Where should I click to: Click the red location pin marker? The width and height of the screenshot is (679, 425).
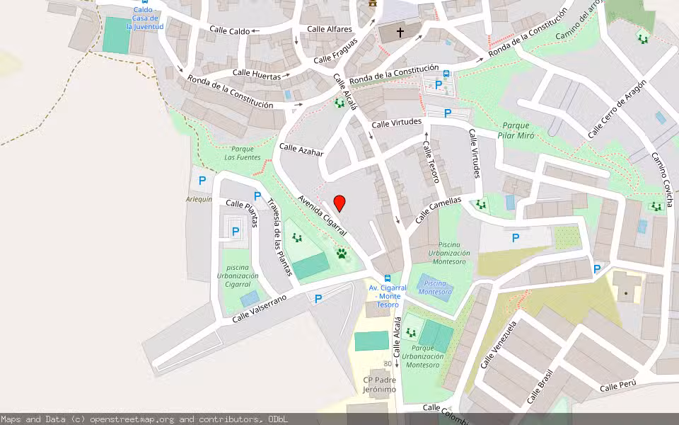(x=339, y=203)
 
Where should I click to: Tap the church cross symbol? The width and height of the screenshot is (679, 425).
(x=400, y=32)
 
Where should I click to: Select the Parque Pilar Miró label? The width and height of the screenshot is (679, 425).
(x=516, y=130)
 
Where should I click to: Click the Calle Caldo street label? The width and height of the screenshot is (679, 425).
(x=230, y=31)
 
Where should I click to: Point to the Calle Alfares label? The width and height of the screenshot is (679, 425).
(x=329, y=29)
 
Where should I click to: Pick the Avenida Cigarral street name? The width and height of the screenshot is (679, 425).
(x=323, y=216)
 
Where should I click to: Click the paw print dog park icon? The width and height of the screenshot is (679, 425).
(x=342, y=253)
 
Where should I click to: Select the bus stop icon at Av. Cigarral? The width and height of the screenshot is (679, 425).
(x=388, y=278)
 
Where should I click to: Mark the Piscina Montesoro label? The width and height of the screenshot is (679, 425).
(x=435, y=287)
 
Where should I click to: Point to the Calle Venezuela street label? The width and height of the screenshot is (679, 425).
(x=499, y=344)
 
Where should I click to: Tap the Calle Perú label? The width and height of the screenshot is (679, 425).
(x=617, y=385)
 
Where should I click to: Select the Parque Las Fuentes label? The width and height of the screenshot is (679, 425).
(x=243, y=153)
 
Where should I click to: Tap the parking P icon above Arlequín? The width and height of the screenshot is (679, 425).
(x=202, y=181)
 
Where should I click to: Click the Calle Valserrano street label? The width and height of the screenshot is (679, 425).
(x=259, y=310)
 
